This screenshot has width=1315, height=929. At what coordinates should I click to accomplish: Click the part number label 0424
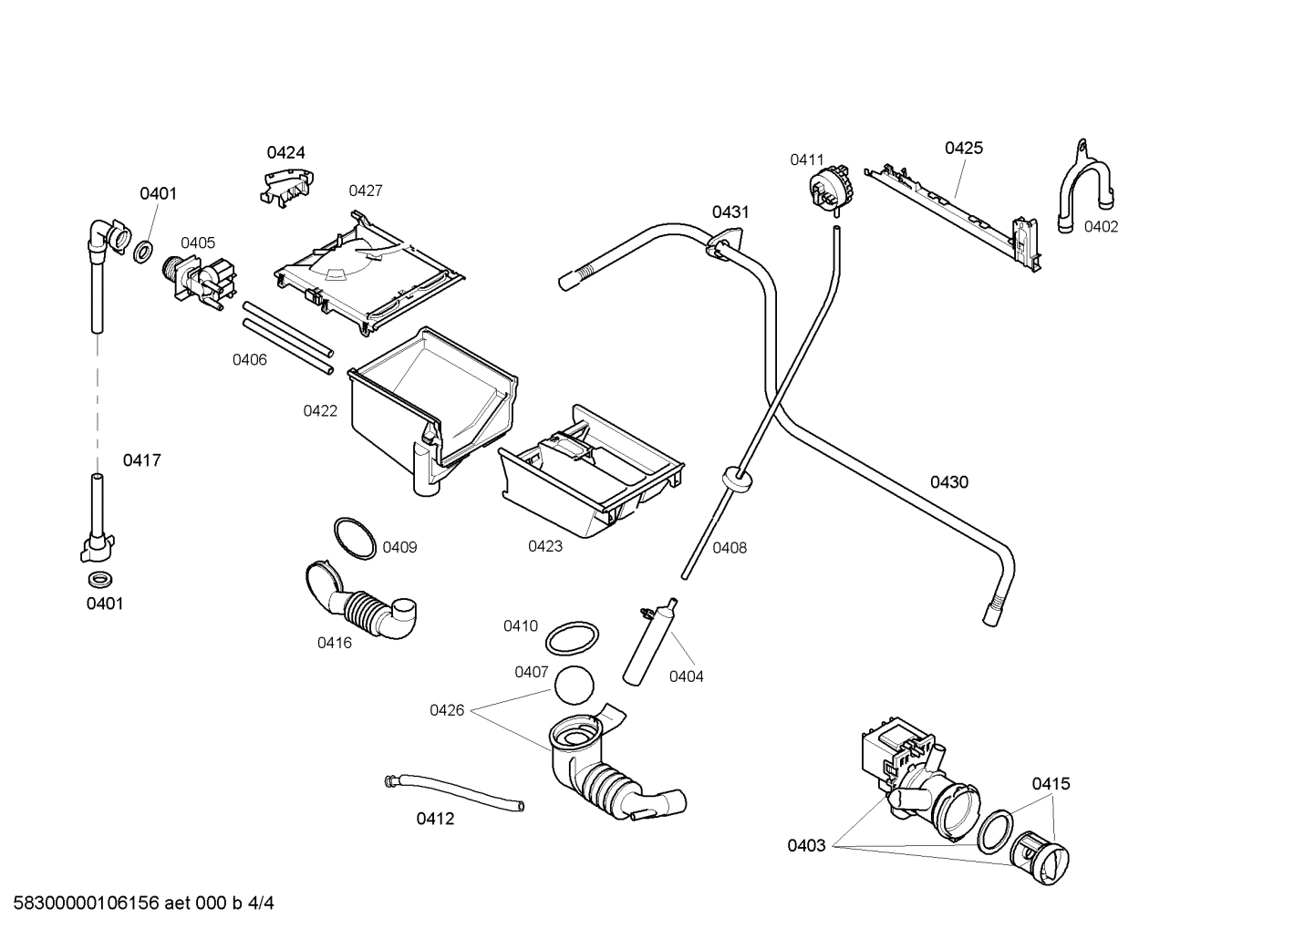click(285, 152)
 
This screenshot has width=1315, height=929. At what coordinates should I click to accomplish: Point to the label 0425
click(963, 148)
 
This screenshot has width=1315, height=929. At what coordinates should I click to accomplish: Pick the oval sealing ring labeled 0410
click(573, 638)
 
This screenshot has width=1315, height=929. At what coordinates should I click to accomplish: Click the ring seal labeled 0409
click(354, 538)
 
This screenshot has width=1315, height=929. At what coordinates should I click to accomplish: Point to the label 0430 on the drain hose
click(948, 482)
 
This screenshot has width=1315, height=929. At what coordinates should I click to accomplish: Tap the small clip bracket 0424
click(285, 186)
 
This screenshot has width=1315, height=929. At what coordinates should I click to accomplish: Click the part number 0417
click(142, 460)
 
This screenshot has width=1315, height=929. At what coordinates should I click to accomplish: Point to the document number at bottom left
click(138, 903)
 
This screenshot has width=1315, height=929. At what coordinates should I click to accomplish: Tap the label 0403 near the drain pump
click(806, 845)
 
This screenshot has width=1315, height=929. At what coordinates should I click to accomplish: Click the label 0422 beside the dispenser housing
click(320, 411)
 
